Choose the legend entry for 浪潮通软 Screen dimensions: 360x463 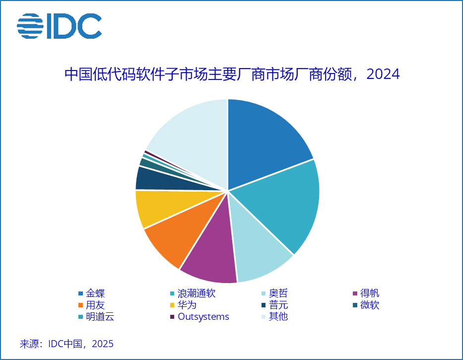[196, 293]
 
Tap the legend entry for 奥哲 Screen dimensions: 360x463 [278, 293]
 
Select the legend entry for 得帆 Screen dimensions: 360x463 [370, 293]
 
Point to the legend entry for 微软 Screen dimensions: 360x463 [370, 305]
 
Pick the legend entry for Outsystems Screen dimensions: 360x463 [203, 316]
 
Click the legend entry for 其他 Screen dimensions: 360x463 [278, 316]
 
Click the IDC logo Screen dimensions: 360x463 [59, 26]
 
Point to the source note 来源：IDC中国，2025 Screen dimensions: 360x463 [66, 344]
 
